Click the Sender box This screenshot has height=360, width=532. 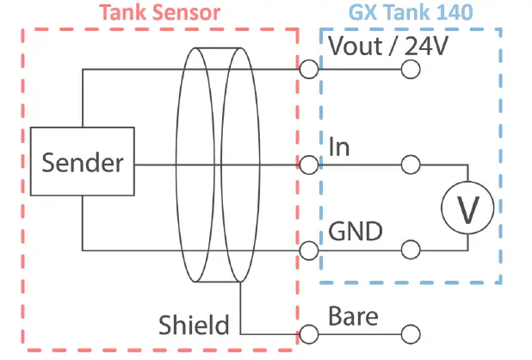(82, 163)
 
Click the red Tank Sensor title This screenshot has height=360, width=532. (159, 13)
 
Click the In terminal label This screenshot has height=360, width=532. (339, 146)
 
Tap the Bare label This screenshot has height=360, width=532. (353, 316)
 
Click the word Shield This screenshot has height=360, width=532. (194, 325)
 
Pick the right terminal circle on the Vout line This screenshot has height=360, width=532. (411, 68)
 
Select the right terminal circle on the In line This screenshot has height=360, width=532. (411, 164)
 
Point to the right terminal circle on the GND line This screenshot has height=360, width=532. (411, 251)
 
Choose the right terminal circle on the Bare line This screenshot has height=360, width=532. (411, 333)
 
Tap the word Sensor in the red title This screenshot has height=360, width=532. (188, 13)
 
